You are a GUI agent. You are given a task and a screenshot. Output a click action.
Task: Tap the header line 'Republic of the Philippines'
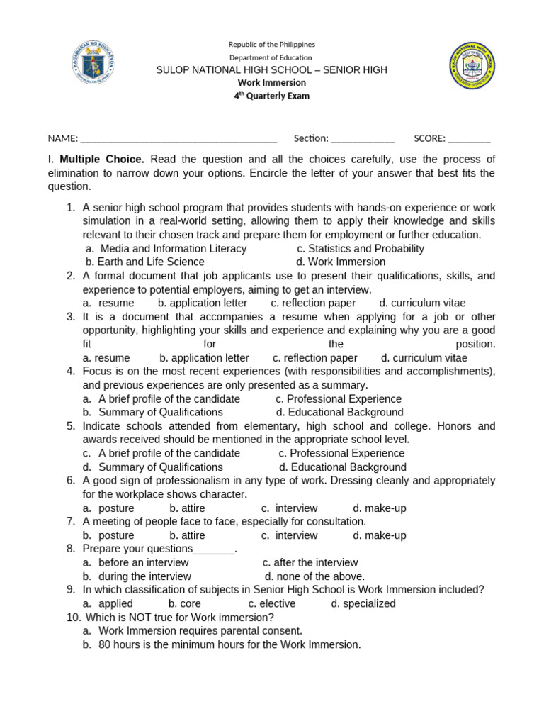[x=272, y=45]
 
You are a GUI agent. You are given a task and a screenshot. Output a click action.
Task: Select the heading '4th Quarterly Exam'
[x=272, y=96]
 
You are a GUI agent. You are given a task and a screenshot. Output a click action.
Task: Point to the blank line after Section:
[x=363, y=139]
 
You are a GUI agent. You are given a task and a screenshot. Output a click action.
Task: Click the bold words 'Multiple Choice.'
[x=102, y=159]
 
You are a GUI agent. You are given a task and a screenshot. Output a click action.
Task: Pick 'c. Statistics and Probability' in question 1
[x=361, y=249]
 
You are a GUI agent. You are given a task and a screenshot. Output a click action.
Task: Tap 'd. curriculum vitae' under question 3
[x=424, y=358]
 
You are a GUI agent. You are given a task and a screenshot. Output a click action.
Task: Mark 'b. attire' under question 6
[x=187, y=508]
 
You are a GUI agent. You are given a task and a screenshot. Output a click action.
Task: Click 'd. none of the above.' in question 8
[x=314, y=576]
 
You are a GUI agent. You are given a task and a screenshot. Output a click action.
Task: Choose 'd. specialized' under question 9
[x=363, y=603]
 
